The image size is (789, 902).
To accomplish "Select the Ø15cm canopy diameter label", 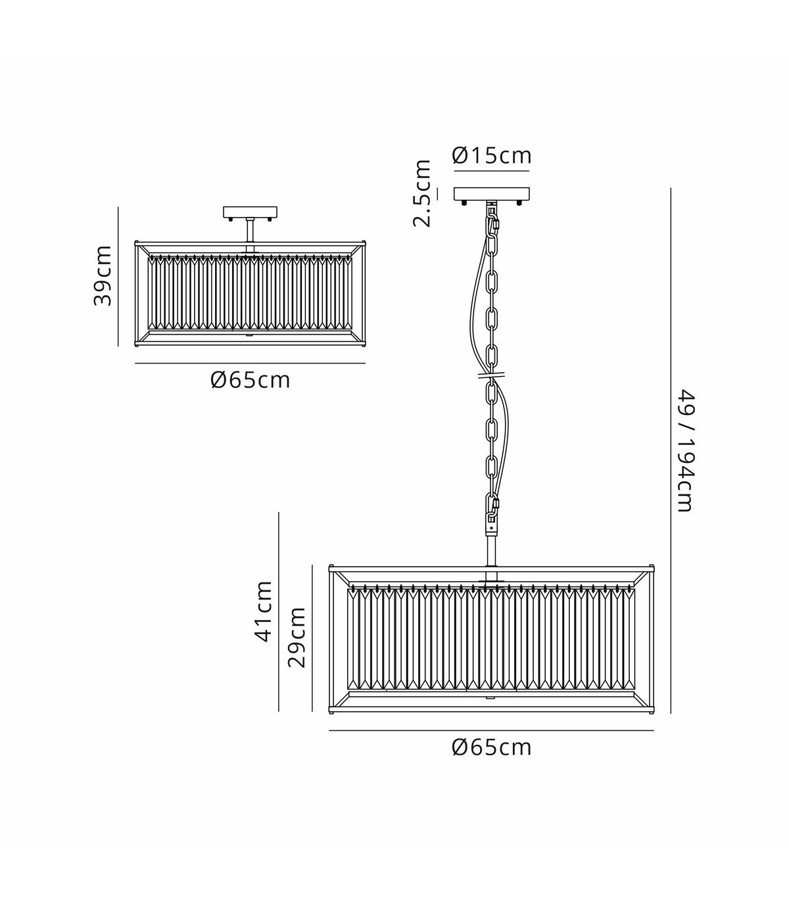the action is (491, 155).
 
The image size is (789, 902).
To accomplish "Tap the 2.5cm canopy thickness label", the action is (421, 193).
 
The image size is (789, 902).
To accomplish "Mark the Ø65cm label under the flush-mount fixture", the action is (250, 380).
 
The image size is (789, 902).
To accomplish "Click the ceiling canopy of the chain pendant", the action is (491, 194).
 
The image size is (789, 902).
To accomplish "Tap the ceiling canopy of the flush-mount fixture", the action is (251, 212).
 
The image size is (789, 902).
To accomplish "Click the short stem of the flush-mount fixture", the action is (250, 230).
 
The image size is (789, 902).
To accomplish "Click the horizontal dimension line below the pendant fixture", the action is (491, 730).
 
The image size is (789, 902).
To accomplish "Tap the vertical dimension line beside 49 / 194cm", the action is (671, 450).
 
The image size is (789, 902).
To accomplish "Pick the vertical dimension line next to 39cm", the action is (118, 276).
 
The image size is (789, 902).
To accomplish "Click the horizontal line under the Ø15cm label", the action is (491, 171).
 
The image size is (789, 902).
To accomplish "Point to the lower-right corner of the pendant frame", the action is (653, 711).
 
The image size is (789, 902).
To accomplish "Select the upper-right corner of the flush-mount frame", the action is (364, 242).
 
